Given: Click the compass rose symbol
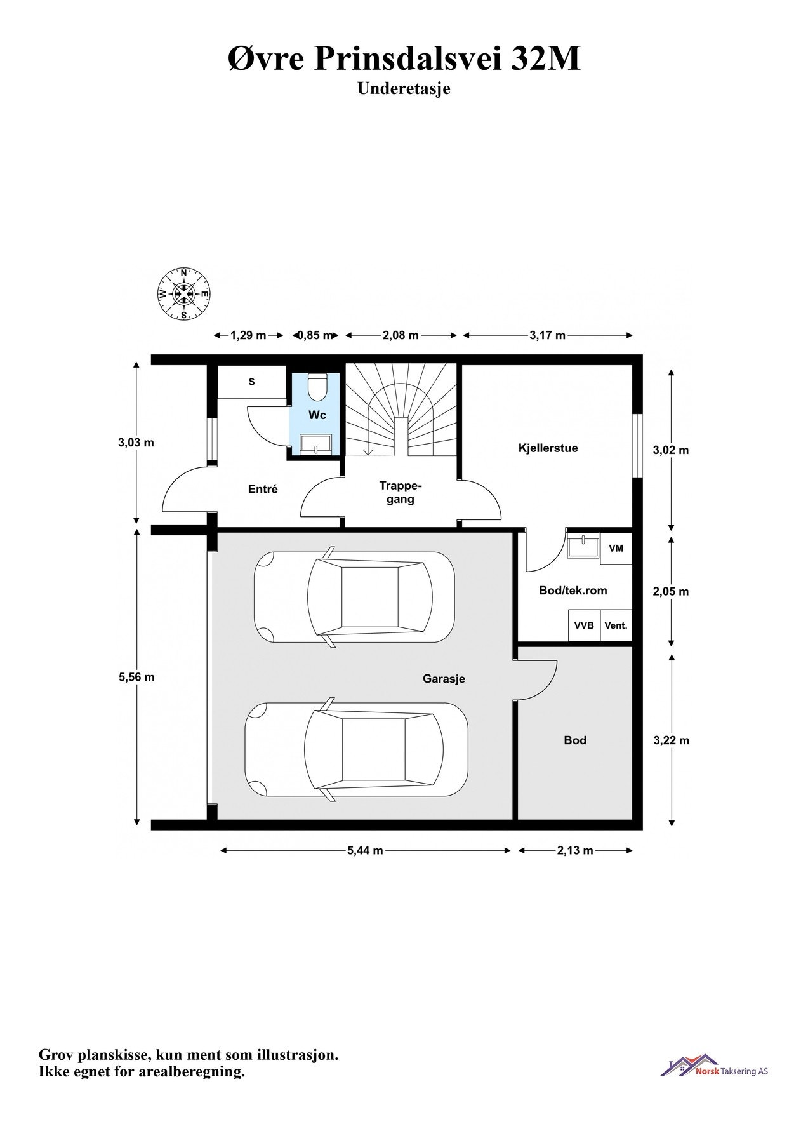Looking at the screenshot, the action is click(183, 294).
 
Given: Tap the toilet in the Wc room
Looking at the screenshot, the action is click(316, 386).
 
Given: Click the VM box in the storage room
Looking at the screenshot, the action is click(616, 548).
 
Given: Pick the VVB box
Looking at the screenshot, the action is click(584, 625).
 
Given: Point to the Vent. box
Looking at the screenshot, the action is click(616, 625).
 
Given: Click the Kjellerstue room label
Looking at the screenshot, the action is click(548, 448).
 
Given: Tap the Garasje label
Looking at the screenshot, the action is click(444, 679).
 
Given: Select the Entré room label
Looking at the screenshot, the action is click(263, 489).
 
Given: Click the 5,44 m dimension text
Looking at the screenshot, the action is click(365, 851).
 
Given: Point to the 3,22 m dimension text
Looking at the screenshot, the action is click(671, 740).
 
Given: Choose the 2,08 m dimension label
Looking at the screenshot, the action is click(401, 335).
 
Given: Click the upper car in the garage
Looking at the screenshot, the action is click(354, 597).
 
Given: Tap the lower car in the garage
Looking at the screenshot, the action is click(357, 749).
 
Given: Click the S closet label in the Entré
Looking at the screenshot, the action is click(251, 382).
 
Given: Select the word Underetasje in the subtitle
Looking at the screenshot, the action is click(404, 88).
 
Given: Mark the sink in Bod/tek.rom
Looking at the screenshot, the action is click(583, 547).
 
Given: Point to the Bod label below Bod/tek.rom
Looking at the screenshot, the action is click(575, 740).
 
